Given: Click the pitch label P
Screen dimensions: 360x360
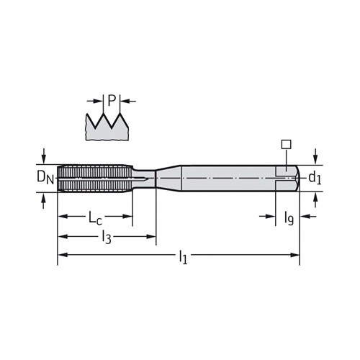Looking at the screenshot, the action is [x=112, y=101].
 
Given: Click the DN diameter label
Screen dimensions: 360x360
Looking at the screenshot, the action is [x=45, y=178].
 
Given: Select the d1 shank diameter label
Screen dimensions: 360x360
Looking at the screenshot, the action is [x=315, y=179].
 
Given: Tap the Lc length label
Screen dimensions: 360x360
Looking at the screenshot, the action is [x=95, y=217].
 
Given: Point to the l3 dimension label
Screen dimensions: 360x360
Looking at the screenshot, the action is [x=107, y=237].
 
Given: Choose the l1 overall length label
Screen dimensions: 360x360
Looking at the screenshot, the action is [x=183, y=257].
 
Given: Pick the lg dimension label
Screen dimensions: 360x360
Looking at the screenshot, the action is [x=289, y=218].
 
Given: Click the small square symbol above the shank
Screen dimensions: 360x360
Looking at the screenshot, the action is [x=286, y=144].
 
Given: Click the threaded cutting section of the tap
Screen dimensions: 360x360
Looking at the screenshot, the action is [x=94, y=178].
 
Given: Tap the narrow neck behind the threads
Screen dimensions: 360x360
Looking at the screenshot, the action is [x=144, y=179].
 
